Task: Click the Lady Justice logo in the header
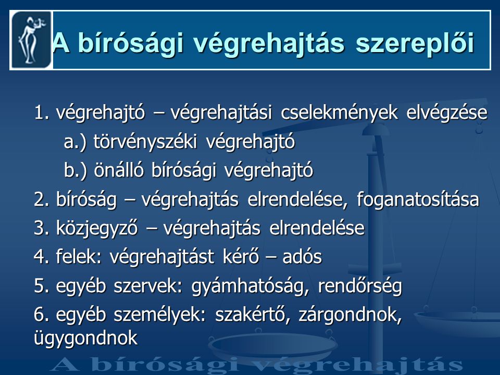point(31,40)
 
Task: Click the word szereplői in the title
point(415,43)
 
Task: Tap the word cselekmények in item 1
point(339,113)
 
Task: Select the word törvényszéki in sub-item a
point(145,142)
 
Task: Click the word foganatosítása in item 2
point(418,199)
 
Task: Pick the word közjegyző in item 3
point(97,229)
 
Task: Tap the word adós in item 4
point(302,257)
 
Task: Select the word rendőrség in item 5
point(360,286)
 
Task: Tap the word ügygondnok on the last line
point(86,339)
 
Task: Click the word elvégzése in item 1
point(447,113)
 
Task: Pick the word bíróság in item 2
point(86,199)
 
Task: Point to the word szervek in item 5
point(148,286)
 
